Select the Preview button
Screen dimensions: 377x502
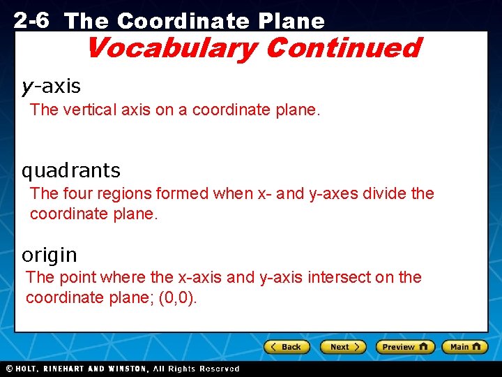[x=405, y=347]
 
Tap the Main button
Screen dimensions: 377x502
[x=464, y=347]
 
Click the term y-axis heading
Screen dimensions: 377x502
[x=51, y=87]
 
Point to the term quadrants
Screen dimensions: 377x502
[x=71, y=170]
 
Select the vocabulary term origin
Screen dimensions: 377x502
[x=50, y=255]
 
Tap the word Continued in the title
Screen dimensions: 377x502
[x=342, y=48]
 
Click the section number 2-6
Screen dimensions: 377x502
[x=31, y=20]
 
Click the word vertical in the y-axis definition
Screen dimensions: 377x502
[x=88, y=110]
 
